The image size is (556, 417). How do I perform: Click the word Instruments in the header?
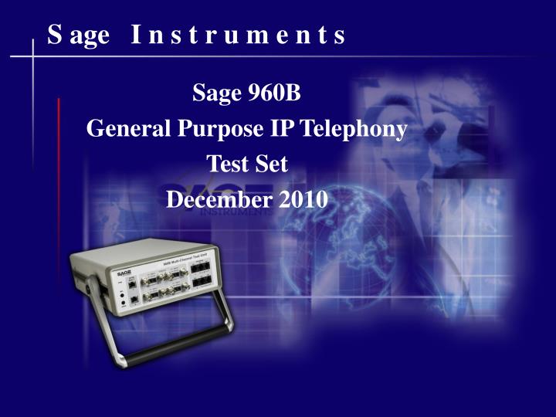pos(238,36)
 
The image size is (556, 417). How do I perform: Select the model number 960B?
pos(273,95)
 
